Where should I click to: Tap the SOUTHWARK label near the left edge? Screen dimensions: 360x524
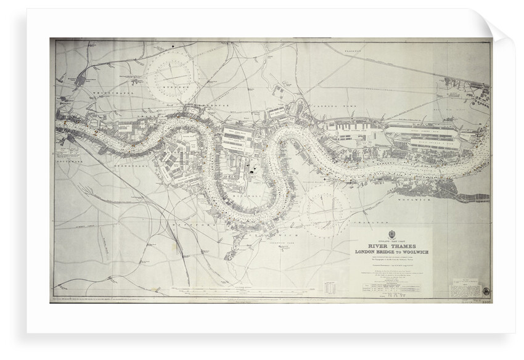(63, 158)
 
